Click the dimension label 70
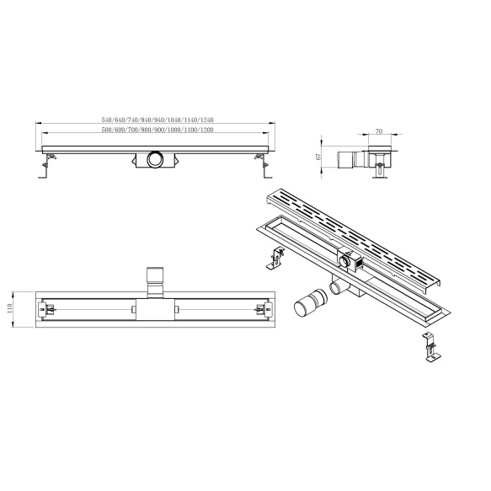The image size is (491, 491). click(x=379, y=131)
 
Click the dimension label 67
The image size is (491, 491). click(x=319, y=157)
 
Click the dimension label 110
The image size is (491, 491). click(x=10, y=309)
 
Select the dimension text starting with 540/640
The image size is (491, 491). click(x=157, y=120)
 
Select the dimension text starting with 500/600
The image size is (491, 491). click(x=157, y=130)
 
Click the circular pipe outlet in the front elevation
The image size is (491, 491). click(x=155, y=159)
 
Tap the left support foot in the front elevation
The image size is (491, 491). click(x=45, y=166)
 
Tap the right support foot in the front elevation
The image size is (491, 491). click(x=264, y=166)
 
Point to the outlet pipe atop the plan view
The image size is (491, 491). click(x=155, y=281)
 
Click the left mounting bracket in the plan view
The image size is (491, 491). click(x=46, y=310)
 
